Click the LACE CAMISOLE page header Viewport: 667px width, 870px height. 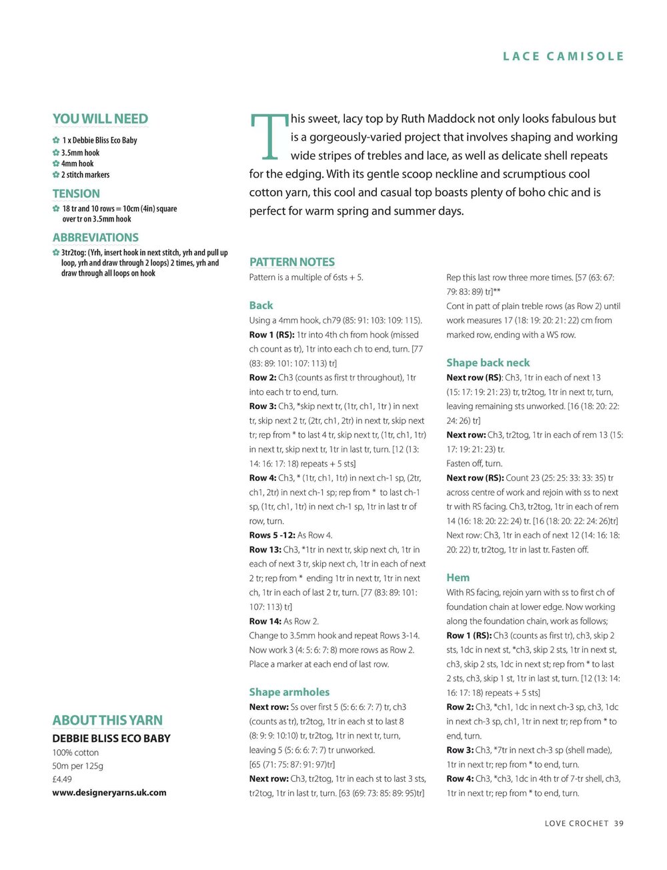[x=563, y=57]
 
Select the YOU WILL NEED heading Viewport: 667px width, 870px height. [x=100, y=119]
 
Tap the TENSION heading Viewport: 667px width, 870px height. [x=76, y=193]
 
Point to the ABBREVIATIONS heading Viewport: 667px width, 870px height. [x=95, y=238]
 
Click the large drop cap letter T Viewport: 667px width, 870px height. [x=269, y=137]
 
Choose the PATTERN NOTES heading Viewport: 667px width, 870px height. [x=291, y=262]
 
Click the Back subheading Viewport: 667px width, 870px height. [x=261, y=306]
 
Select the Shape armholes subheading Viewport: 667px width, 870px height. [x=289, y=693]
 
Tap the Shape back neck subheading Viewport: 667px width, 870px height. [x=488, y=363]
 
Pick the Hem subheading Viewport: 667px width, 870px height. [x=458, y=578]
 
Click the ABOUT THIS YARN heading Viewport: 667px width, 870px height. [x=107, y=721]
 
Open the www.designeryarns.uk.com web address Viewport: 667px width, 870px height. [x=109, y=793]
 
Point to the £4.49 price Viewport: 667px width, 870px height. [x=62, y=779]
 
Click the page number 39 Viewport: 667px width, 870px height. [x=619, y=823]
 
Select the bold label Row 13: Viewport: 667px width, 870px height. [x=265, y=550]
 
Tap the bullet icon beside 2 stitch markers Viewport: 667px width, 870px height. [x=56, y=175]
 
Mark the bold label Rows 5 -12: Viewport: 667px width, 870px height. [x=272, y=535]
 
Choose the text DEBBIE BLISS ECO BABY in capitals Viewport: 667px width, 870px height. [x=111, y=739]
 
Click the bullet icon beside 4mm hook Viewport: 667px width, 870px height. [x=56, y=163]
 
